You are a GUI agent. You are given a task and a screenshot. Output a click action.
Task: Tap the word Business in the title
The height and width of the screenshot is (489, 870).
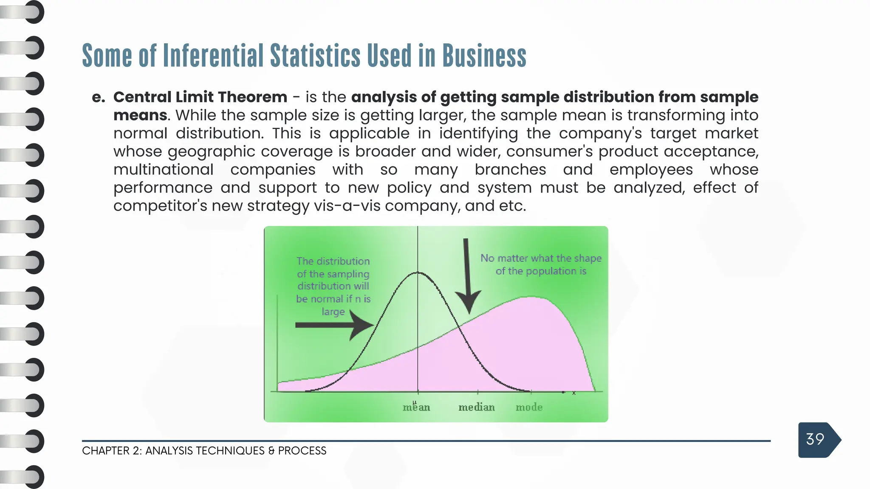tap(484, 56)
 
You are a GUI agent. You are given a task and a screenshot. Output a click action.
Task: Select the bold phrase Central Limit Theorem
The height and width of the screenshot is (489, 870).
tap(200, 97)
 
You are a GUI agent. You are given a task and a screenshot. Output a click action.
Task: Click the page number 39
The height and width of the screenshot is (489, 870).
tap(815, 439)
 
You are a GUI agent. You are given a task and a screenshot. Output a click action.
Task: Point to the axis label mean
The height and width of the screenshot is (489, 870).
tap(416, 407)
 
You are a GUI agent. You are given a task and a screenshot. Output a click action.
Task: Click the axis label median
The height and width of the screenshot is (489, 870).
tap(477, 407)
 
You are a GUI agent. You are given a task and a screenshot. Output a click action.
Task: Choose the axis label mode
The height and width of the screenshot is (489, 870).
tap(529, 407)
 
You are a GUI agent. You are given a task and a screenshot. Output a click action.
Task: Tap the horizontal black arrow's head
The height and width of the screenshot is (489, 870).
tap(363, 325)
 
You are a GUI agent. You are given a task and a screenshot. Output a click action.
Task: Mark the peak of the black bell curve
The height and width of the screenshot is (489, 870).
tap(418, 273)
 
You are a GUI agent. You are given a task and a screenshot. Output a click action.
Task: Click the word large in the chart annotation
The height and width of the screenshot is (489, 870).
tap(333, 312)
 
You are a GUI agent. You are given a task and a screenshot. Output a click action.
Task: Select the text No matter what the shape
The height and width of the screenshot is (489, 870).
tap(541, 258)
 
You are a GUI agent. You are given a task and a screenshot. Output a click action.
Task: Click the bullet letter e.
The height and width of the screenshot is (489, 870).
tap(98, 98)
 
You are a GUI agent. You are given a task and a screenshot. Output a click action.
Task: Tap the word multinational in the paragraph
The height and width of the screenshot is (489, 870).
tap(163, 170)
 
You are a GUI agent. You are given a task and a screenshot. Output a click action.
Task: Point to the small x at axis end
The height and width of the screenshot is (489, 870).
tap(574, 393)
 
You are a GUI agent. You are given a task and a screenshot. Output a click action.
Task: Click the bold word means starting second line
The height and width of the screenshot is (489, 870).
tap(140, 115)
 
